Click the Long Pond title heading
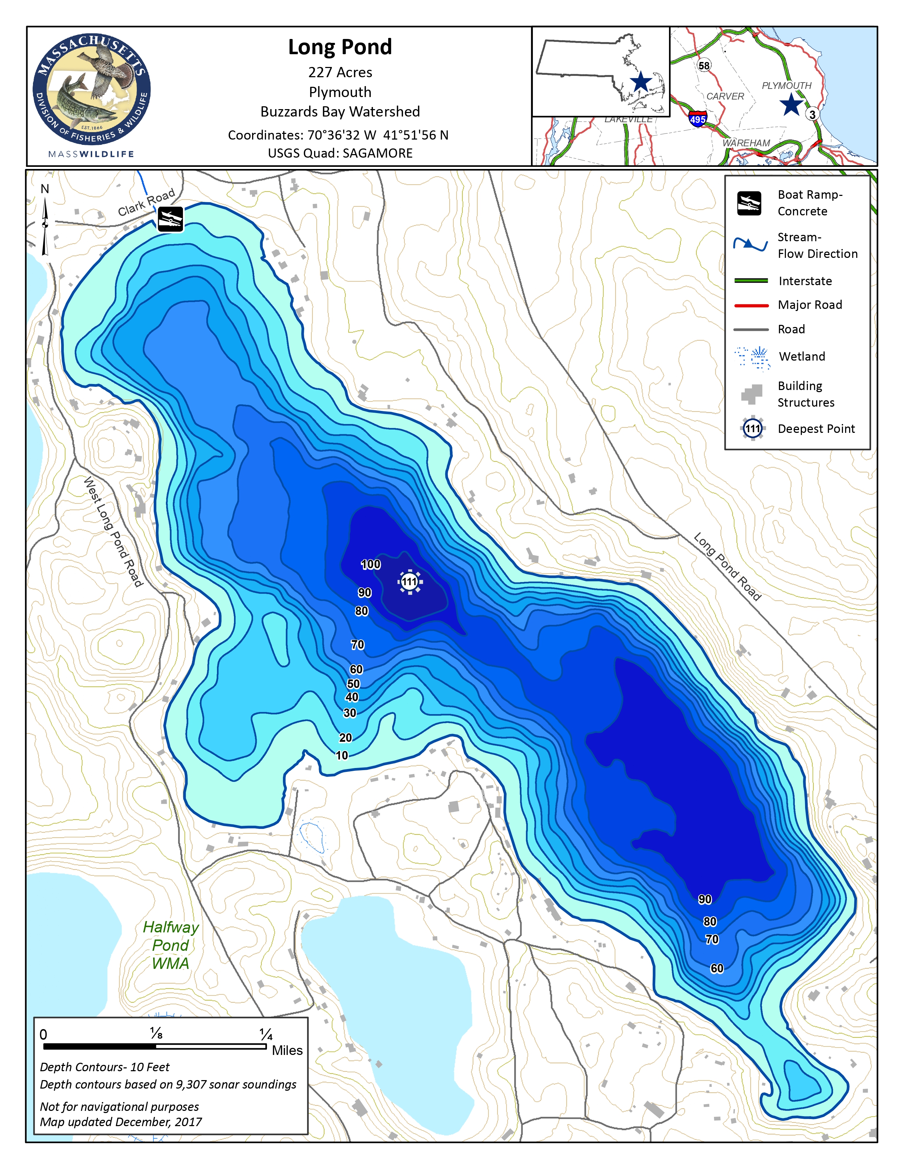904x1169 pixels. click(x=340, y=47)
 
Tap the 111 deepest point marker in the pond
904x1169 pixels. click(x=410, y=582)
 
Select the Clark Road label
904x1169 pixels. click(x=146, y=202)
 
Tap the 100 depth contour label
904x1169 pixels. click(x=370, y=564)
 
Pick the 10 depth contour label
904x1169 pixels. click(x=342, y=755)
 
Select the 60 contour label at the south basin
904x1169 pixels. click(x=716, y=968)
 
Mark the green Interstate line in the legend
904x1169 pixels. click(x=751, y=281)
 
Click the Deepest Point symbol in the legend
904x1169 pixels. click(x=752, y=428)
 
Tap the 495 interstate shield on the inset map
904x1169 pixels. click(x=697, y=119)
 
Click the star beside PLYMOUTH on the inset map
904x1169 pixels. click(x=791, y=105)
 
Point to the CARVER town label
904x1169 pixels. click(x=725, y=96)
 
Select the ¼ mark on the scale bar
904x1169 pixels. click(x=266, y=1034)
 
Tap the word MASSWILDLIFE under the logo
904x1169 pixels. click(x=91, y=154)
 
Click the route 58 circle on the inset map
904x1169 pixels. click(x=704, y=65)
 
